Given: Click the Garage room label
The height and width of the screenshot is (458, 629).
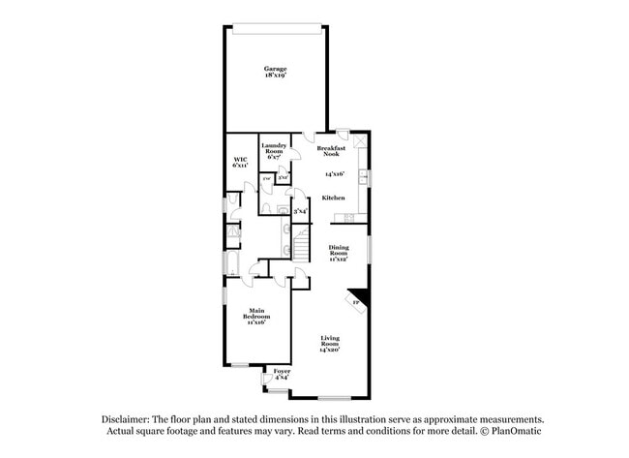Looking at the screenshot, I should (x=277, y=68).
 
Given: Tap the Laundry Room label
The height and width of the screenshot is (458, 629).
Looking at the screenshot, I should (x=274, y=148).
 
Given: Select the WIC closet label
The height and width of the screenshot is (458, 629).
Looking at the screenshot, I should (x=239, y=160).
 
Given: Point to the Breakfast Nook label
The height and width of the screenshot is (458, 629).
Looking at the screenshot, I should (x=334, y=150).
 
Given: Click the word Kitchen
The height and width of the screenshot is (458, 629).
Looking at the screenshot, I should (x=334, y=198).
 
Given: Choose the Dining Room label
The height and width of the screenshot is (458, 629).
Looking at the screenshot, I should (x=337, y=252).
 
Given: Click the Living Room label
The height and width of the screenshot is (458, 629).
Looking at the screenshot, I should (x=331, y=341).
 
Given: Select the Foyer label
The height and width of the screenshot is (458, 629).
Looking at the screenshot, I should (x=282, y=371).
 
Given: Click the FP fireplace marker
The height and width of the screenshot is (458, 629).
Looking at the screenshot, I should (x=355, y=303).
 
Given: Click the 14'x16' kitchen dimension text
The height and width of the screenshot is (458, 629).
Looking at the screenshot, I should (x=334, y=174).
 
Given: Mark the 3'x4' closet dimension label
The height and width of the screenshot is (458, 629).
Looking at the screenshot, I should (x=300, y=210).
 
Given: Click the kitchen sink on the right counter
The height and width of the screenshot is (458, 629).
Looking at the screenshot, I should (x=363, y=177).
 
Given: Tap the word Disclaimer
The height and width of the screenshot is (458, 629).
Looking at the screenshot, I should (x=125, y=417).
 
